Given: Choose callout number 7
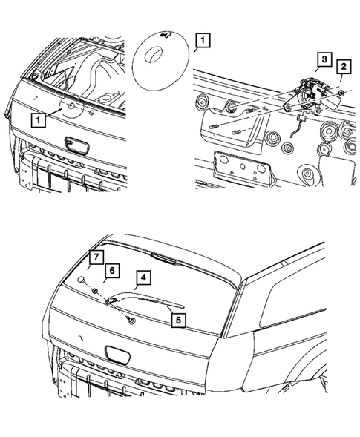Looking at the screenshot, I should pyautogui.click(x=94, y=257).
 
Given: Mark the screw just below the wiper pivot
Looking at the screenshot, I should pyautogui.click(x=131, y=320).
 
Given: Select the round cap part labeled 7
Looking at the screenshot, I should pyautogui.click(x=79, y=279).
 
